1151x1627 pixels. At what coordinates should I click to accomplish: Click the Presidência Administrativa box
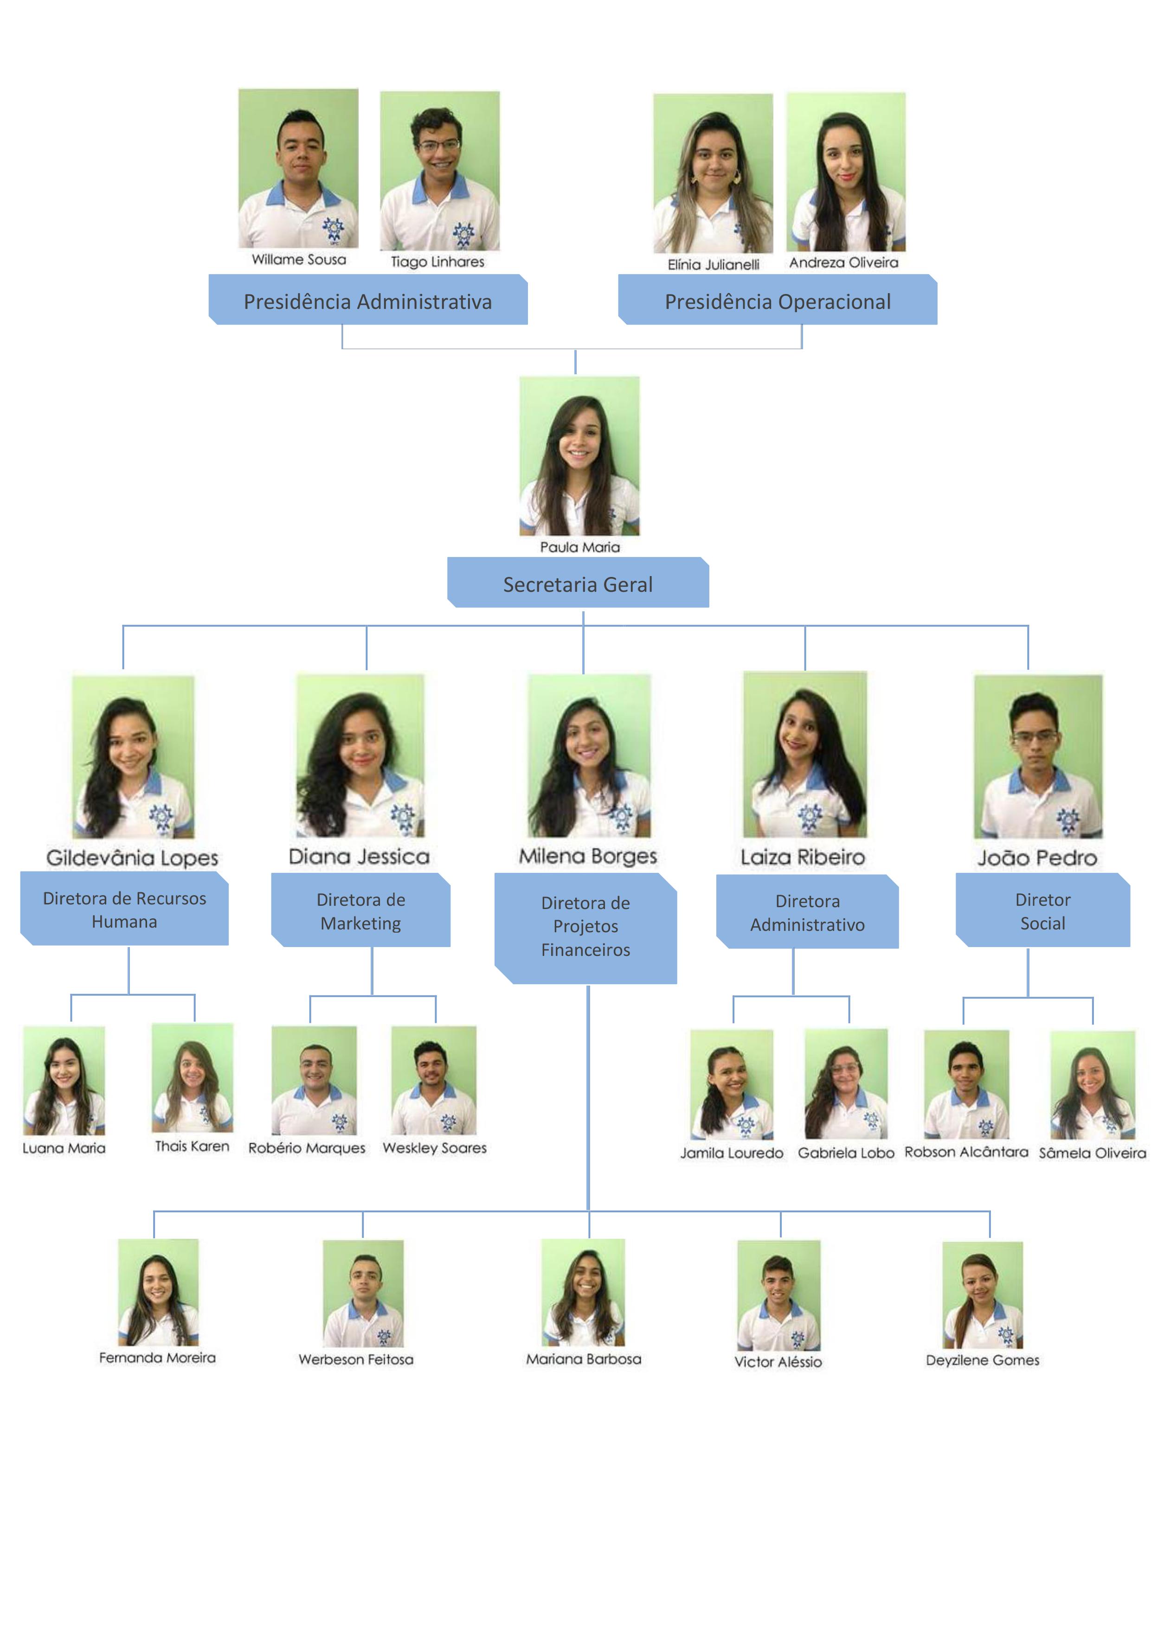(x=368, y=300)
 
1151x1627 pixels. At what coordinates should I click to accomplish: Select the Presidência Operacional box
(x=778, y=300)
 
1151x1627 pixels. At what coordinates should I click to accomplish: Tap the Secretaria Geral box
(x=578, y=583)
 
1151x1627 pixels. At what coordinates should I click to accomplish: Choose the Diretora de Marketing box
(x=361, y=910)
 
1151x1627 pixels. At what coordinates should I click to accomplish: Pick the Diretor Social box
(x=1042, y=910)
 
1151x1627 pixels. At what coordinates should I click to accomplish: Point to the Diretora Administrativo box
(x=807, y=911)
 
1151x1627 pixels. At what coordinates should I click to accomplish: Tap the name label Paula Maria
(x=580, y=547)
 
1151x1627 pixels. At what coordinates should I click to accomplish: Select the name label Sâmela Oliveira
(x=1092, y=1153)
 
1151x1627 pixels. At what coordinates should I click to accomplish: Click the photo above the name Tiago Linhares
(x=439, y=170)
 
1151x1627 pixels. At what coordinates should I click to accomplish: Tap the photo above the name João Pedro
(x=1038, y=756)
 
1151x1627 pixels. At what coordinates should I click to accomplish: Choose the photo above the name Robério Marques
(x=314, y=1080)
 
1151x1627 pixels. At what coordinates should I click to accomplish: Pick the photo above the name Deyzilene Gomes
(x=982, y=1294)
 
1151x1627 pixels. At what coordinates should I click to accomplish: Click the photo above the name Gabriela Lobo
(x=846, y=1083)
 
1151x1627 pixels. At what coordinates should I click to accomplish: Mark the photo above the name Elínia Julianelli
(x=713, y=173)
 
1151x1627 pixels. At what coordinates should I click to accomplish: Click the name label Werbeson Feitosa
(x=356, y=1359)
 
